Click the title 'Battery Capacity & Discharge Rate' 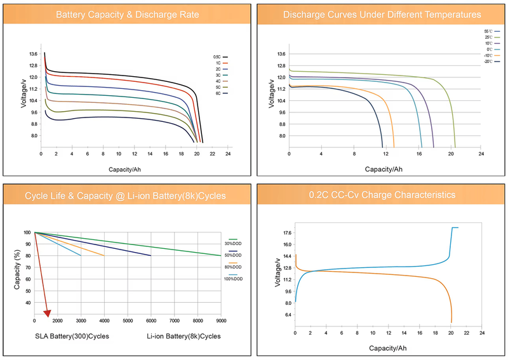[x=127, y=15]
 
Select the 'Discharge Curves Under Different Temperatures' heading [x=382, y=15]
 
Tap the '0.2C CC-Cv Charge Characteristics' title [x=382, y=195]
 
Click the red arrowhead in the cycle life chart [x=47, y=312]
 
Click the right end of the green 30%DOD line [x=220, y=255]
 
